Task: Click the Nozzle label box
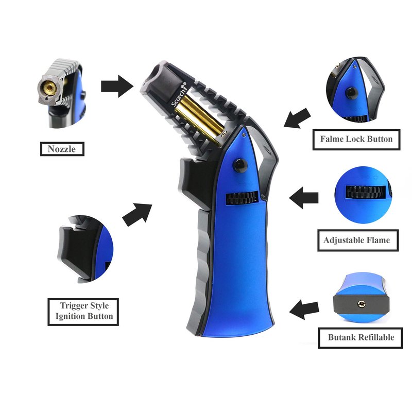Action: click(x=62, y=149)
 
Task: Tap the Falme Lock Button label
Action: click(x=356, y=139)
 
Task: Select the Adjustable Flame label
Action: click(x=357, y=240)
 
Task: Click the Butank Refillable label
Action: click(x=360, y=338)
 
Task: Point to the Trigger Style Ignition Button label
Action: click(x=83, y=312)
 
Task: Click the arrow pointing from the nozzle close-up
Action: click(x=117, y=86)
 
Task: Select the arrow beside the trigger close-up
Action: click(x=137, y=215)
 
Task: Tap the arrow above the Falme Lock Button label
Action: click(x=298, y=118)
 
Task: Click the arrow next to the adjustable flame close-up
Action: click(x=304, y=198)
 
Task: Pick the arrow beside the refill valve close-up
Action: click(x=304, y=310)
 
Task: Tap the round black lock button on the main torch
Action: click(x=241, y=165)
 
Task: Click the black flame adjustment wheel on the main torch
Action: click(x=242, y=198)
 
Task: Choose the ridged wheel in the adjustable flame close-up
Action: click(x=366, y=192)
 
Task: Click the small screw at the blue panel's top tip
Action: click(x=244, y=134)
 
